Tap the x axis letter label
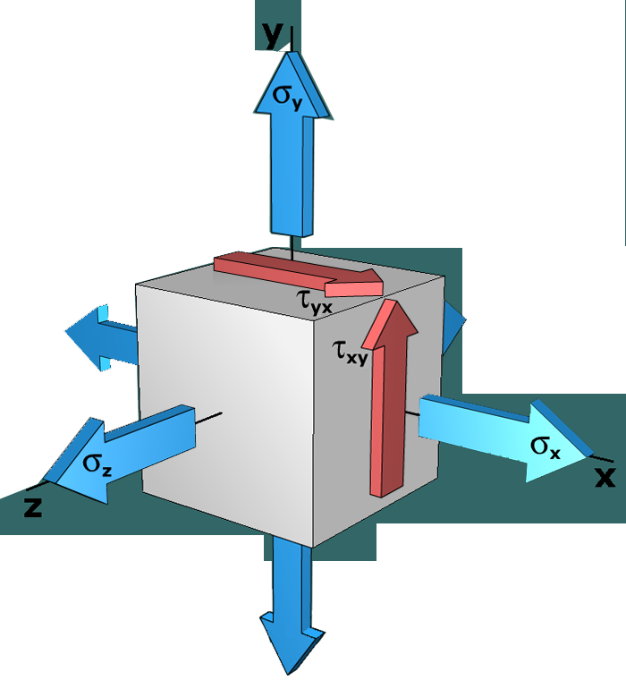605,476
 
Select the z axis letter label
33,507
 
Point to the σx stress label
546,447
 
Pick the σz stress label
97,463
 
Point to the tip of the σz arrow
47,479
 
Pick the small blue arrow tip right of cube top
463,319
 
